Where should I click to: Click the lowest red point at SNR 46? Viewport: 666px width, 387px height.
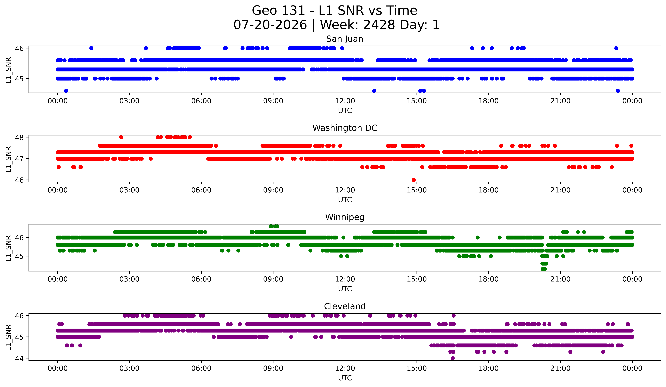coord(414,180)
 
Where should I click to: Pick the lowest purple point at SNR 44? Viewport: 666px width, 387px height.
coord(452,358)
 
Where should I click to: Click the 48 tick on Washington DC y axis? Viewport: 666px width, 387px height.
coord(19,137)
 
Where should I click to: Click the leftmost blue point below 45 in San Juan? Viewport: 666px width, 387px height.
coord(66,91)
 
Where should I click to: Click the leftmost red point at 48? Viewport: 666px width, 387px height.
coord(121,137)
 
